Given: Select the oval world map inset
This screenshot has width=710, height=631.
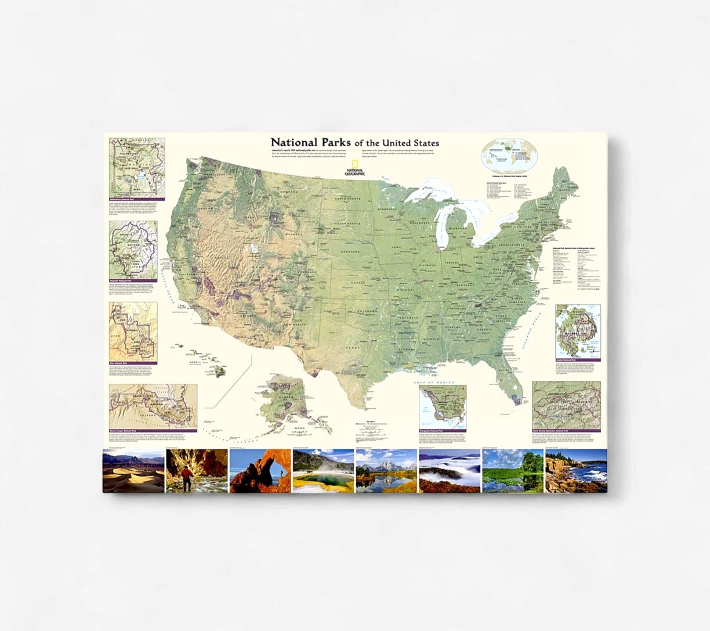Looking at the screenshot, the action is pos(509,155).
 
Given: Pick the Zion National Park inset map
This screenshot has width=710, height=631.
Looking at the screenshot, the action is pos(133,331).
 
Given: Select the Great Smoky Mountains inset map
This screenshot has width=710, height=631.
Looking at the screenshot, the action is pos(566,405).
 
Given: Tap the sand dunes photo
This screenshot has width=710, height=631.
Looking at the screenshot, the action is pos(133,471).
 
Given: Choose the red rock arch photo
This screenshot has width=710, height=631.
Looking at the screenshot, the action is pos(260,471).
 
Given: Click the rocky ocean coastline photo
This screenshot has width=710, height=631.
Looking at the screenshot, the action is pos(576,471).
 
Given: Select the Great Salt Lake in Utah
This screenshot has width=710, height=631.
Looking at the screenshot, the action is pos(254,248).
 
